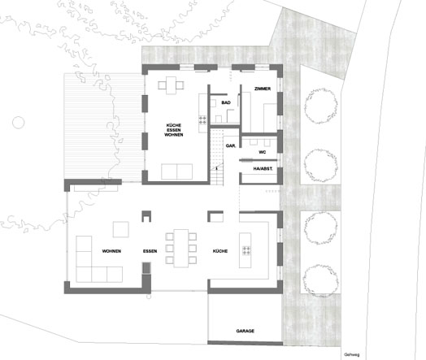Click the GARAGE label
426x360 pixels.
(245, 331)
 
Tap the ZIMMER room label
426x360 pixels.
(263, 89)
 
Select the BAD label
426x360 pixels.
(226, 102)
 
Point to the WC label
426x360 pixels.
(262, 152)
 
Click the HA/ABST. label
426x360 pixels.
(263, 168)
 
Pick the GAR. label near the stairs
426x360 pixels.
(231, 145)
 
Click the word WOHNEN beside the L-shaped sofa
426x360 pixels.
(111, 251)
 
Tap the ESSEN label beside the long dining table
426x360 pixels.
(150, 251)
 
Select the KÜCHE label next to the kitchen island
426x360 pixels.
(220, 251)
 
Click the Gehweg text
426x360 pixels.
(351, 354)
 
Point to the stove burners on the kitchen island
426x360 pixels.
(246, 250)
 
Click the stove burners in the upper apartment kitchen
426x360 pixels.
(202, 119)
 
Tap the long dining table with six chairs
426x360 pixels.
(181, 248)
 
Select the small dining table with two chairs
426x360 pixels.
(171, 85)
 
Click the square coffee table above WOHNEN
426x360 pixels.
(121, 229)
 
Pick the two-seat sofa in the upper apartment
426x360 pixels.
(177, 171)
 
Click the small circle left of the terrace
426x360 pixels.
(19, 123)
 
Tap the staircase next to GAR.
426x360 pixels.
(217, 157)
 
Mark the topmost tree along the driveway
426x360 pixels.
(321, 106)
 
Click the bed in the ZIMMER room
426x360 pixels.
(271, 118)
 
